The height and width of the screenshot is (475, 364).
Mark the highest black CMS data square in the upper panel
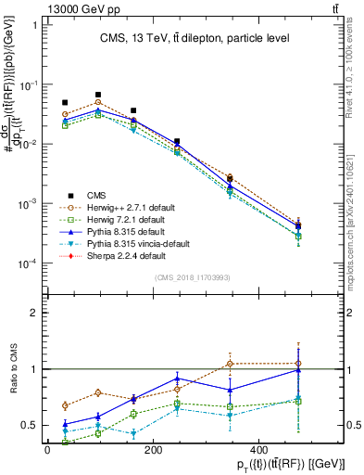pos(98,95)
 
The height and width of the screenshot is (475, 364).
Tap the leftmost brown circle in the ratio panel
pos(65,405)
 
